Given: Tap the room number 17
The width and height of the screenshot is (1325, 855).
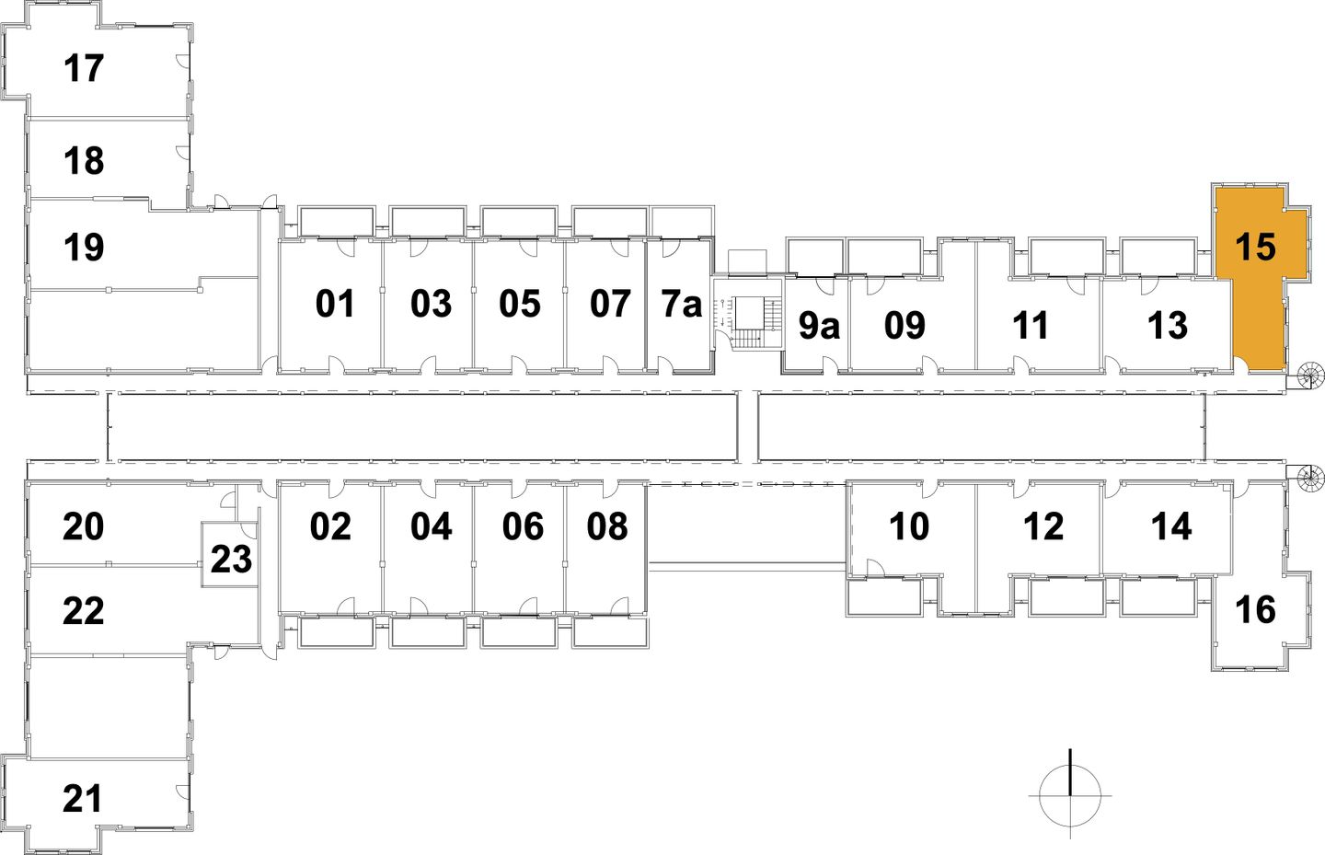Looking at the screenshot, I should point(84,68).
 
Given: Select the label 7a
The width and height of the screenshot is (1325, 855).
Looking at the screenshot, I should point(682,304).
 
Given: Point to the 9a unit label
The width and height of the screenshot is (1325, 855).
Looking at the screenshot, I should point(818,325).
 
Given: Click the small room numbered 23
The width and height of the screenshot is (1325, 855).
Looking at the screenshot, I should point(230,559).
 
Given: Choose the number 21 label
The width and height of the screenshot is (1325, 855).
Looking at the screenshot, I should point(83,798).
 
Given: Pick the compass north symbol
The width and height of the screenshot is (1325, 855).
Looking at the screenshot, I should point(1070,793).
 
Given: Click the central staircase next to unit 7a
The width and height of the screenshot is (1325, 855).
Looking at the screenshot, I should point(747,322).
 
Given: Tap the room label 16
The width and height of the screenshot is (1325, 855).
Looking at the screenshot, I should point(1255,609).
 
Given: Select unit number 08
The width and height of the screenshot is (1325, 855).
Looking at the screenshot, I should point(607,526).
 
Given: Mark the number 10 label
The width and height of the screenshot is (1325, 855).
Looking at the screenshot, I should point(909,526).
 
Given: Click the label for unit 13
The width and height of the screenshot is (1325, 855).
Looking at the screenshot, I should point(1168,325).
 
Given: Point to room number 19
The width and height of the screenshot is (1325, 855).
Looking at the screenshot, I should point(84,247).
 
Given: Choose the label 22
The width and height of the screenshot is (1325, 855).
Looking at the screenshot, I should point(83,610).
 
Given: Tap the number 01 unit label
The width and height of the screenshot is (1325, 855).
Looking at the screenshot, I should point(335,304).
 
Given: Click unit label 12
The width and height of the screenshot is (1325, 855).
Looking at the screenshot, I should point(1043,526).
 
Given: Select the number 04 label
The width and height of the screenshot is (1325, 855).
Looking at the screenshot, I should point(431,526).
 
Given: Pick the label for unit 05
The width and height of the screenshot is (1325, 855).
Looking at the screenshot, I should point(520,304).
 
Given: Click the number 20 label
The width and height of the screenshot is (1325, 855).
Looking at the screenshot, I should point(83,526).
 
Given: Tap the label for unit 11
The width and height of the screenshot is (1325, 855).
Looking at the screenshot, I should point(1031,325).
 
